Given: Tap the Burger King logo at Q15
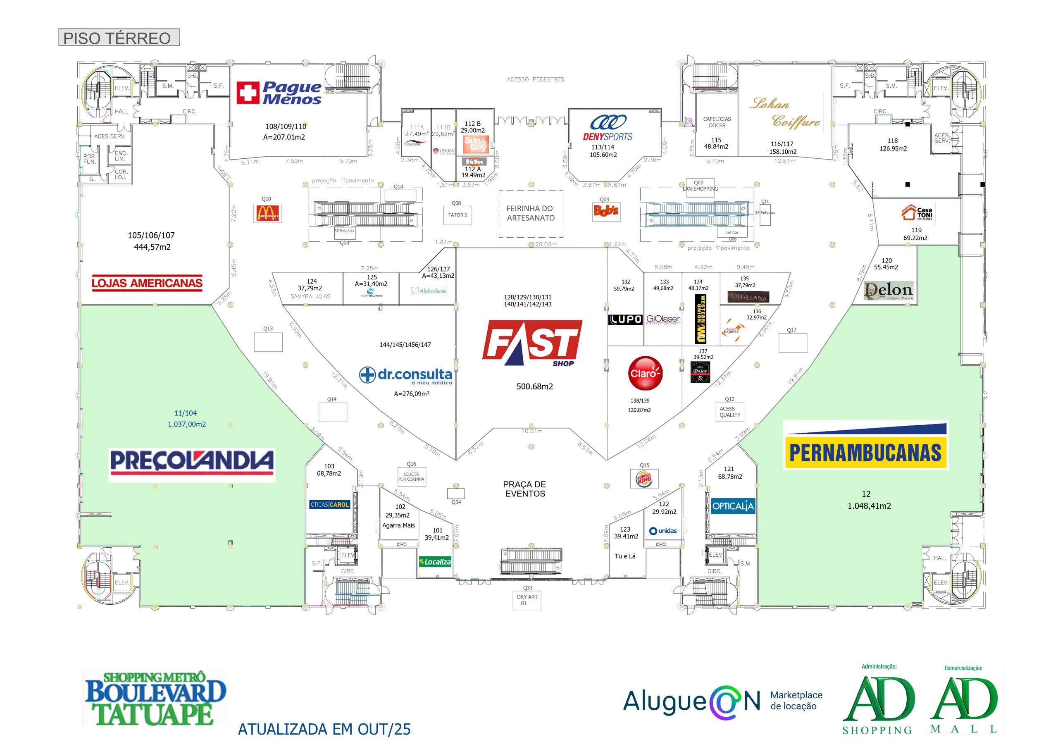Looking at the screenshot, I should [x=644, y=479].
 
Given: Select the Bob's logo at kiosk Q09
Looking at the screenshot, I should [x=606, y=211].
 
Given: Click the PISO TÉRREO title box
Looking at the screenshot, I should [x=118, y=38].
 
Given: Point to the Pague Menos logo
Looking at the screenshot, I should [x=279, y=93].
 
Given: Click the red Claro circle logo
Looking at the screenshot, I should [x=645, y=373].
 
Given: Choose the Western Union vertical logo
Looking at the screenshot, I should [x=700, y=319].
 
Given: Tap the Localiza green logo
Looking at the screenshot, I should [x=435, y=561].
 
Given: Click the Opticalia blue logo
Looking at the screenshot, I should [x=733, y=506].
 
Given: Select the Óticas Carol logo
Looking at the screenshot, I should [x=329, y=505].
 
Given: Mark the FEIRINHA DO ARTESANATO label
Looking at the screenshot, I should [x=531, y=213].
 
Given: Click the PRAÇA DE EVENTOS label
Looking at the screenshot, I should [x=525, y=489].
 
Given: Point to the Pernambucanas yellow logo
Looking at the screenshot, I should [x=865, y=446].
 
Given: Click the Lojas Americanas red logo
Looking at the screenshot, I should [x=147, y=283].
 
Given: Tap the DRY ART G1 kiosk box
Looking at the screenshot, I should [x=527, y=600].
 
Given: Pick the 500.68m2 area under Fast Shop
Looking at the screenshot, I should [x=534, y=386].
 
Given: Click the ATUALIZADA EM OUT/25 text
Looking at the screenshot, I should [x=324, y=729].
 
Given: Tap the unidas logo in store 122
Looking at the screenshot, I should [x=663, y=531].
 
